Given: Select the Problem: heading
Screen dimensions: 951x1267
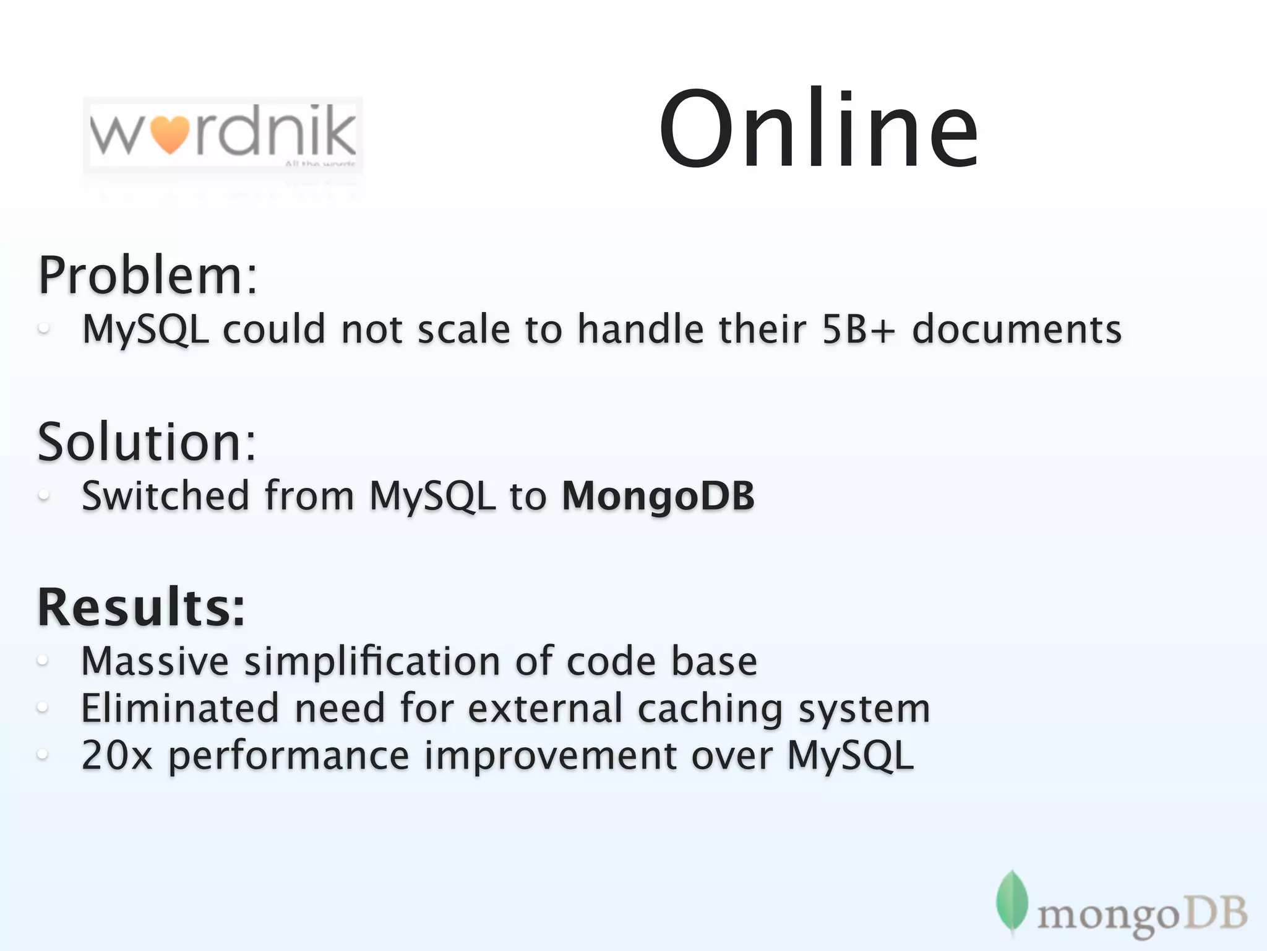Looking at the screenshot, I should coord(147,276).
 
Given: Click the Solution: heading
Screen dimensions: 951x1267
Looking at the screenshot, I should coord(147,442).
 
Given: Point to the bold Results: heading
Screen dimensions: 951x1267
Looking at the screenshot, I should coord(141,607).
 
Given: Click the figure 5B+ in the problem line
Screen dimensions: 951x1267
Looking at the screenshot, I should coord(858,329).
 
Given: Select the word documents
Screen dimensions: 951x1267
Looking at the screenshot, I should coord(1016,329).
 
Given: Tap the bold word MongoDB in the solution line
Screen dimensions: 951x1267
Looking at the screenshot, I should coord(658,496).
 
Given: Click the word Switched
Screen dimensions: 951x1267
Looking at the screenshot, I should coord(165,496).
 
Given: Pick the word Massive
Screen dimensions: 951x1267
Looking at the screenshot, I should coord(155,661).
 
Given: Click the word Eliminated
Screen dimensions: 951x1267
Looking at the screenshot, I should coord(179,708).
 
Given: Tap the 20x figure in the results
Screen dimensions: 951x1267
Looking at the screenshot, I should coord(116,756).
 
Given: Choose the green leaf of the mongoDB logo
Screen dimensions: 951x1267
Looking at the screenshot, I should coord(1011,901).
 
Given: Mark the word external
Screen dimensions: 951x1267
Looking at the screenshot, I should coord(544,708).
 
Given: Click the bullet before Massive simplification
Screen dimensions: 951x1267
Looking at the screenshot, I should coord(43,661).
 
